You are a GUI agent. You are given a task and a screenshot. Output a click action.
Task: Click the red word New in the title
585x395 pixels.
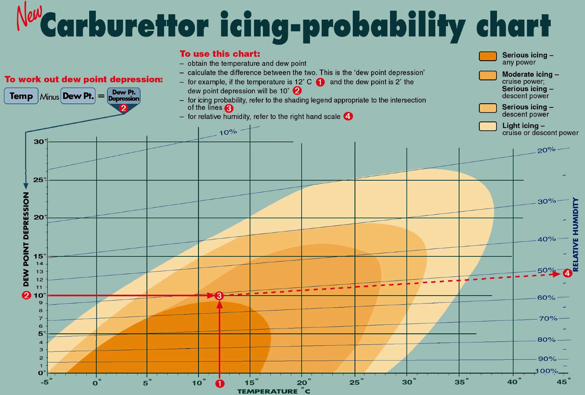pyautogui.click(x=29, y=16)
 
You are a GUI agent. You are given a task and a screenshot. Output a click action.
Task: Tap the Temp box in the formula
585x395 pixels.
pyautogui.click(x=21, y=96)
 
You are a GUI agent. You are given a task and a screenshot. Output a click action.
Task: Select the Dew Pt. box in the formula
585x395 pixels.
pyautogui.click(x=78, y=96)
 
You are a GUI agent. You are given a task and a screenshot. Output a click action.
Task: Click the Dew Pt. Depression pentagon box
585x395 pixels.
pyautogui.click(x=124, y=96)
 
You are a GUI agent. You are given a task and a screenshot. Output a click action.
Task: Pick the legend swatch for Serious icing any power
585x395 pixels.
pyautogui.click(x=488, y=56)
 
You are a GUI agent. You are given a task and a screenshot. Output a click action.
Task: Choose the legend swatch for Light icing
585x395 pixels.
pyautogui.click(x=488, y=126)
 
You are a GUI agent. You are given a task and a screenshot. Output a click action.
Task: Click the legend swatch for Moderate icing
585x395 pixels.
pyautogui.click(x=488, y=75)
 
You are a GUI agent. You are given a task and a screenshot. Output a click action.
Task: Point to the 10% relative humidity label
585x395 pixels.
pyautogui.click(x=228, y=132)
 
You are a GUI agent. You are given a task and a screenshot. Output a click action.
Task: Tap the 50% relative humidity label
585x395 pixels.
pyautogui.click(x=546, y=270)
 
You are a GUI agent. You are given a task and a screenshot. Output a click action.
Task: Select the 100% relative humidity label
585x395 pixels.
pyautogui.click(x=546, y=371)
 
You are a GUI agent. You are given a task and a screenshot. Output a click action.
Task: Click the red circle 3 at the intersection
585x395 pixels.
pyautogui.click(x=219, y=296)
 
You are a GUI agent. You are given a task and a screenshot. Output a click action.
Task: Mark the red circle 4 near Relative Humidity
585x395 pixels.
pyautogui.click(x=567, y=273)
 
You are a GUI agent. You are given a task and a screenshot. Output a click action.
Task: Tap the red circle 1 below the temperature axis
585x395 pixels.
pyautogui.click(x=220, y=383)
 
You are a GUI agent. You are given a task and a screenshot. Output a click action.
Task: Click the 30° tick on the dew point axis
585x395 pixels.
pyautogui.click(x=40, y=142)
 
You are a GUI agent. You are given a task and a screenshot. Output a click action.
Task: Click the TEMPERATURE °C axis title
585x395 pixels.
pyautogui.click(x=273, y=391)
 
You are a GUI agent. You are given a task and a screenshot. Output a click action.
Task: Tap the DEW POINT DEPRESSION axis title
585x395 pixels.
pyautogui.click(x=26, y=239)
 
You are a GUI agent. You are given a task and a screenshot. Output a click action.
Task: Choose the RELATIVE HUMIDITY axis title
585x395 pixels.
pyautogui.click(x=575, y=234)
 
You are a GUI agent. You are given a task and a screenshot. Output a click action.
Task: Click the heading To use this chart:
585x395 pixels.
pyautogui.click(x=220, y=54)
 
